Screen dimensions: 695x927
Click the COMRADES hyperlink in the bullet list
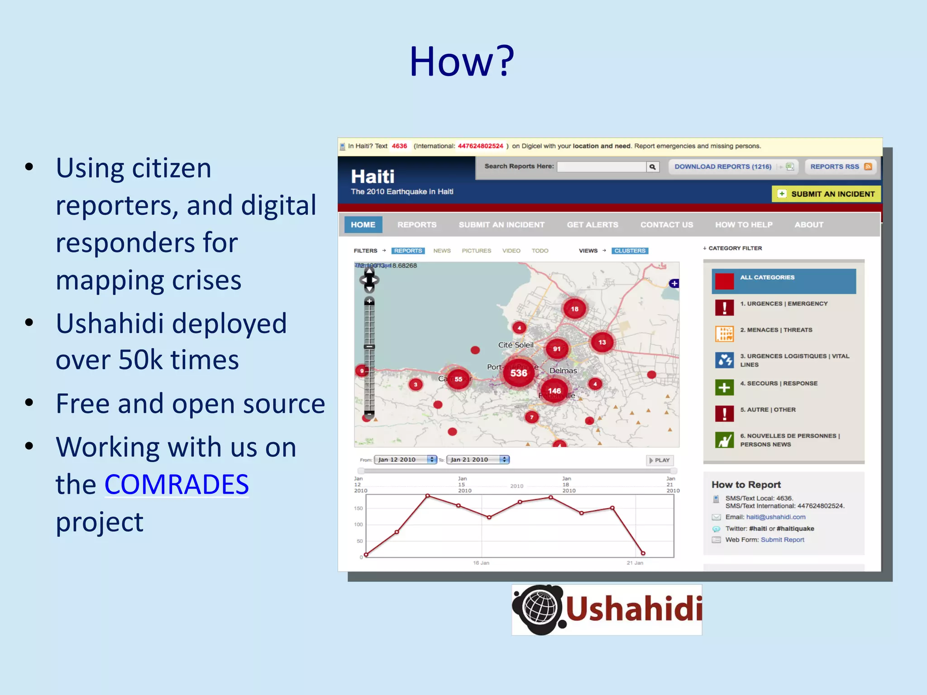click(177, 484)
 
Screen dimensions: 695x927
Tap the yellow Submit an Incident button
click(826, 194)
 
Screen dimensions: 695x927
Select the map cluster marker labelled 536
click(519, 373)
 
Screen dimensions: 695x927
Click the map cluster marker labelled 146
click(554, 390)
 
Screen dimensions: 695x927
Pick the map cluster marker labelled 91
click(557, 349)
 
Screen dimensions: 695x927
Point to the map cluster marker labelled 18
click(574, 309)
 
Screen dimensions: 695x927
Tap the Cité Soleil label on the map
click(516, 345)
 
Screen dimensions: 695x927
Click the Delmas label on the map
click(563, 371)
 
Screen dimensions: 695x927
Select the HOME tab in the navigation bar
click(363, 224)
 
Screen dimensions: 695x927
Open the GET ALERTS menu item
click(592, 224)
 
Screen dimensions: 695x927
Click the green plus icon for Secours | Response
click(724, 387)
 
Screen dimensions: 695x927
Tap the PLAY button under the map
click(659, 460)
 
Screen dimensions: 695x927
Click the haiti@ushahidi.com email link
click(775, 517)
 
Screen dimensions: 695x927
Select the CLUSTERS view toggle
click(630, 251)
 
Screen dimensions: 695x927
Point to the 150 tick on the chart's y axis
click(358, 508)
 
